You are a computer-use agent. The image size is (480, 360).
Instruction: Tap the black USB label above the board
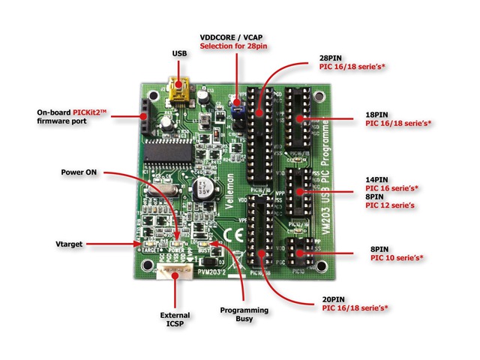(x=180, y=54)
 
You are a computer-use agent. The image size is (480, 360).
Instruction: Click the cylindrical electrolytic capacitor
(x=202, y=188)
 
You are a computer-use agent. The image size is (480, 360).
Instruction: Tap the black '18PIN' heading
(x=379, y=112)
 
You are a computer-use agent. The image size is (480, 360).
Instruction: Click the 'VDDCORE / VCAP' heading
(x=235, y=37)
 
